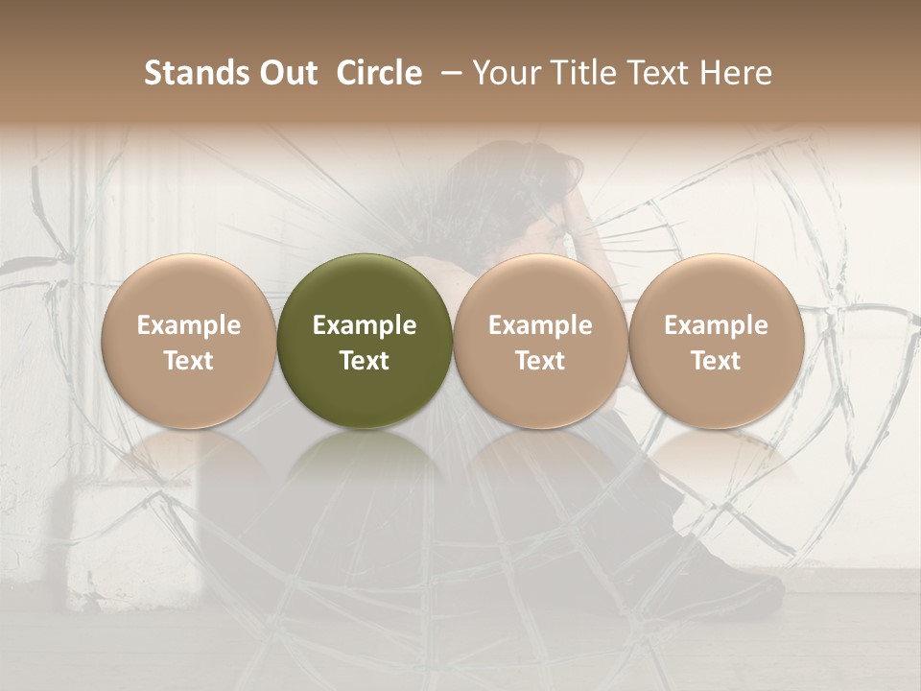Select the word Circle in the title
[x=379, y=73]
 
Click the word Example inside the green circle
[x=365, y=325]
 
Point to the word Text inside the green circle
[x=365, y=361]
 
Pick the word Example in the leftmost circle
[x=188, y=325]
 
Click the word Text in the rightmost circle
[x=716, y=361]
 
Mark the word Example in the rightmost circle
[x=716, y=325]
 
